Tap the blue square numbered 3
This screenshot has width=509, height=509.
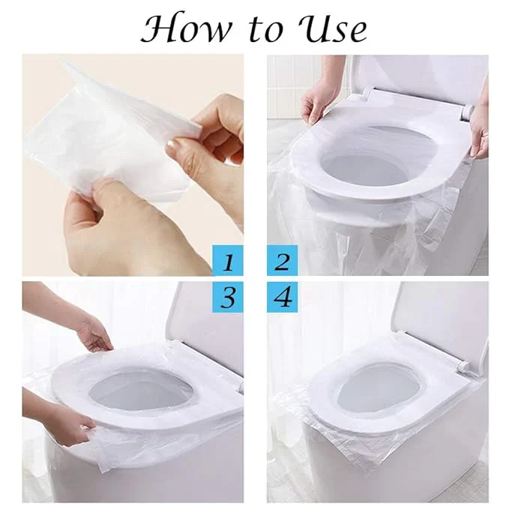point(226,298)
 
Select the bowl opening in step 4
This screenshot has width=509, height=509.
point(375,390)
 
